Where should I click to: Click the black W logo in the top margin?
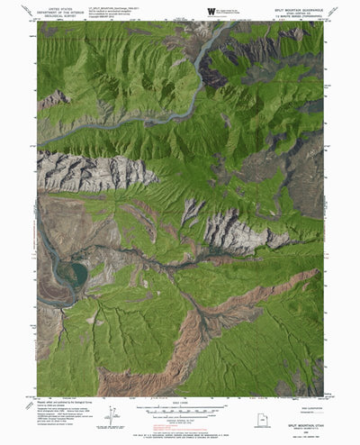click(210, 11)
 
